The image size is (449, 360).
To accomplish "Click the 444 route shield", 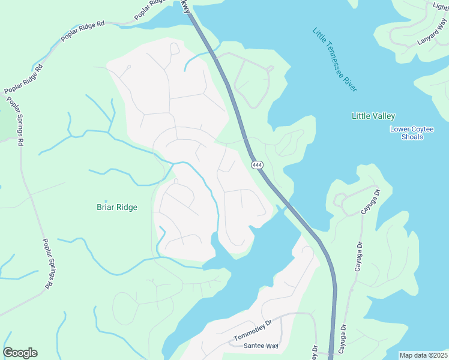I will tap(257, 165).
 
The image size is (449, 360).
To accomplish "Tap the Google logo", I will tap(20, 353).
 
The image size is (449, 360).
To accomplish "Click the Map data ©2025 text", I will tap(423, 355).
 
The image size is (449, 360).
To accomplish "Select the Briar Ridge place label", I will tap(117, 208).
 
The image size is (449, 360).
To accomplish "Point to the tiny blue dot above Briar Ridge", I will tap(106, 202).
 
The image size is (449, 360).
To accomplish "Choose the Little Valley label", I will tap(373, 116).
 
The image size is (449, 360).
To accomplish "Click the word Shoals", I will tap(412, 137).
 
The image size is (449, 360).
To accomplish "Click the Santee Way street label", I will tap(261, 346).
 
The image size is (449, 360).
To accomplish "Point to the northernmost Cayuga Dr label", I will tap(371, 202).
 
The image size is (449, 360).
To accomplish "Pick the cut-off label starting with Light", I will tap(441, 6).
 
